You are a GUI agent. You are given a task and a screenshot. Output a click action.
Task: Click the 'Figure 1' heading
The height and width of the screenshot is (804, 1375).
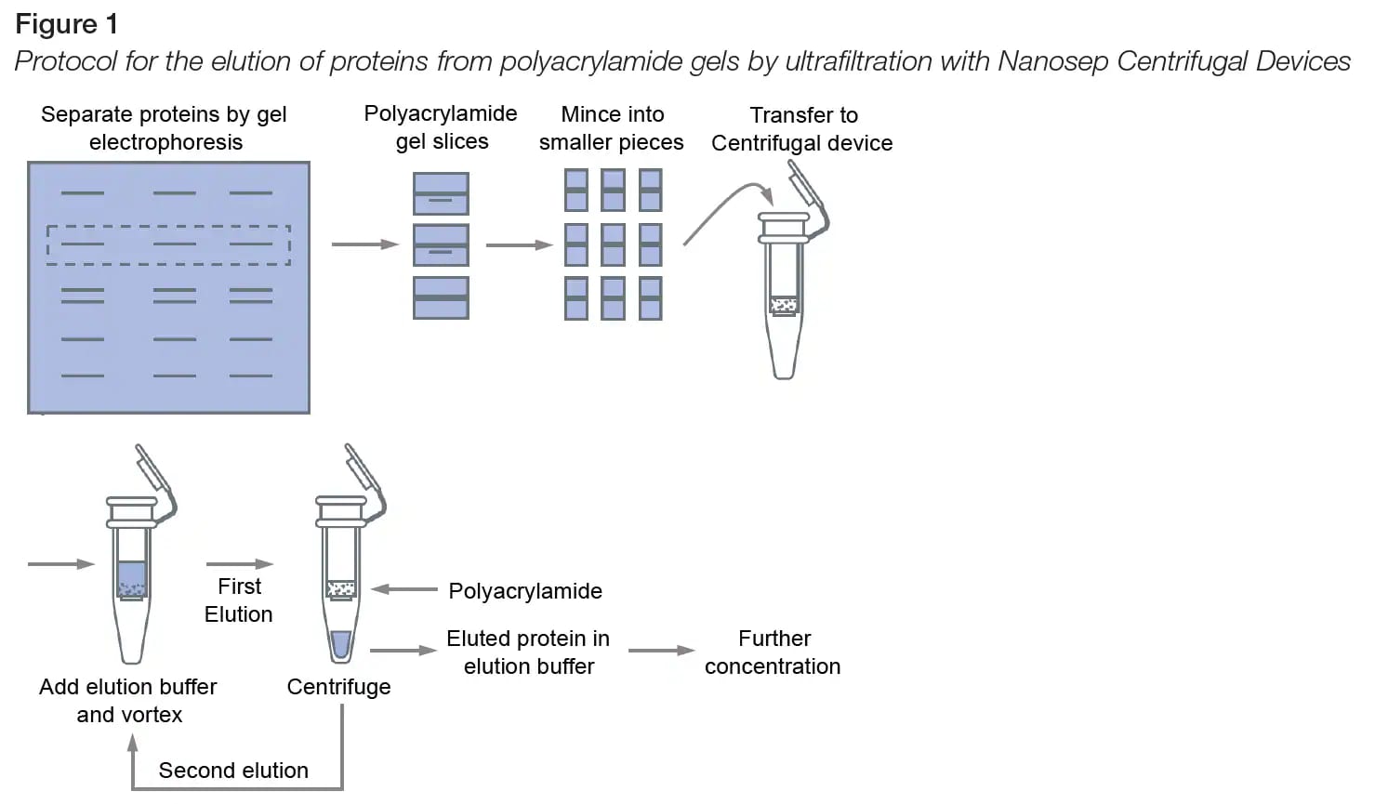pos(66,23)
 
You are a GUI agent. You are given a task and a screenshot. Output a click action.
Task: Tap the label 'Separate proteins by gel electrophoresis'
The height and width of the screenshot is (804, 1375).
pos(165,128)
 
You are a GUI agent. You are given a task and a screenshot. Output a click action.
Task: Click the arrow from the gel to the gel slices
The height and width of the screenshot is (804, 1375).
pos(364,244)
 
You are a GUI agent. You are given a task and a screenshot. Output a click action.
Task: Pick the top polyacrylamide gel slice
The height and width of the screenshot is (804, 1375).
pos(441,193)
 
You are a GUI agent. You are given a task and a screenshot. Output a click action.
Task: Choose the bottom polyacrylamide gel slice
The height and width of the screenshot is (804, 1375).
pos(441,297)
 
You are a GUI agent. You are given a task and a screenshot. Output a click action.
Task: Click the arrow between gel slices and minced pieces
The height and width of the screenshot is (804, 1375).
pos(519,245)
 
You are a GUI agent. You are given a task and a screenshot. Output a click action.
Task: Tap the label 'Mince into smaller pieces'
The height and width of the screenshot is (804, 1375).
pos(612,128)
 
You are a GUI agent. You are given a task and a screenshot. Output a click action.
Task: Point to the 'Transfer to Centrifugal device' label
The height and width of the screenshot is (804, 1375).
pos(802,129)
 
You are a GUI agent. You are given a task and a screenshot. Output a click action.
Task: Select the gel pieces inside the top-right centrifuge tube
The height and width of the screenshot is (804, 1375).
pos(785,304)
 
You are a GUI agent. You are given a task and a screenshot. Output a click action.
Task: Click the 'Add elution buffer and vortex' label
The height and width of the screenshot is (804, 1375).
pos(128,700)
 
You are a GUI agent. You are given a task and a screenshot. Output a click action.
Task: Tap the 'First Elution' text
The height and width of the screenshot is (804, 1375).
pos(239,600)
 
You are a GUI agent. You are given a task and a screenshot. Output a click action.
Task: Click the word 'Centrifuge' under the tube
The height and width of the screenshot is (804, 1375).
pos(338,687)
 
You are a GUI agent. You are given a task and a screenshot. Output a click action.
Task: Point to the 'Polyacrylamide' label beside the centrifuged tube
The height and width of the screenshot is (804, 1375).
pos(525,591)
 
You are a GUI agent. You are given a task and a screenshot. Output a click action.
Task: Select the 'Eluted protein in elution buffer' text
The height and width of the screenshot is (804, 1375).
pos(528,652)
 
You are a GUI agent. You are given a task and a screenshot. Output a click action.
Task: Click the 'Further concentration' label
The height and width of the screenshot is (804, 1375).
pos(773,652)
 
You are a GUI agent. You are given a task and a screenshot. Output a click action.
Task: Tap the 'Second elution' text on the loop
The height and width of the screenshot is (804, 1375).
pos(233,771)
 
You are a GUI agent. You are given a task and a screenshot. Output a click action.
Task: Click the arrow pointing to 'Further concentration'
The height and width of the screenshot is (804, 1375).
pos(661,651)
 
